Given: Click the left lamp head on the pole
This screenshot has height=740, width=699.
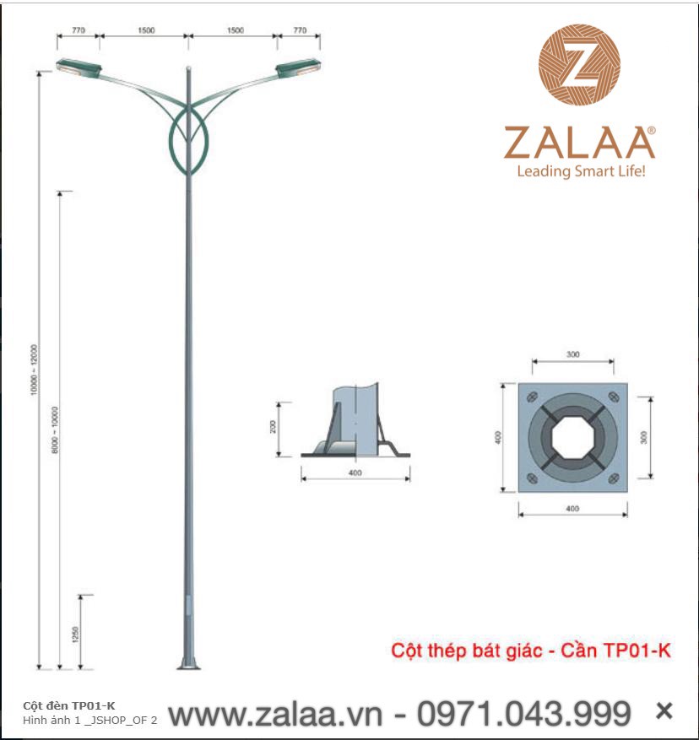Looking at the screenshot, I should pos(79,68).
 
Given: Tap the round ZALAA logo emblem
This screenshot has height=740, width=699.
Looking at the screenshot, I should pos(580,65).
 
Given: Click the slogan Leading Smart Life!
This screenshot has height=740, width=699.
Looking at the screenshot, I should pos(580,171).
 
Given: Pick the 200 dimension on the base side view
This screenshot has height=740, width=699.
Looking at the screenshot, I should pos(274,427).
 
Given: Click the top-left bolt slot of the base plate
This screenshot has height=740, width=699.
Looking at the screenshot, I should pos(531,397).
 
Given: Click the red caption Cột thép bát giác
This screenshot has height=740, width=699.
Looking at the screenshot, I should pos(465,651).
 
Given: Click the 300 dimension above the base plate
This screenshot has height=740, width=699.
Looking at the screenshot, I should pos(573,355).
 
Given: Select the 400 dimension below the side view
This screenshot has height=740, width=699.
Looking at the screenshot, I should pos(355,473).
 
